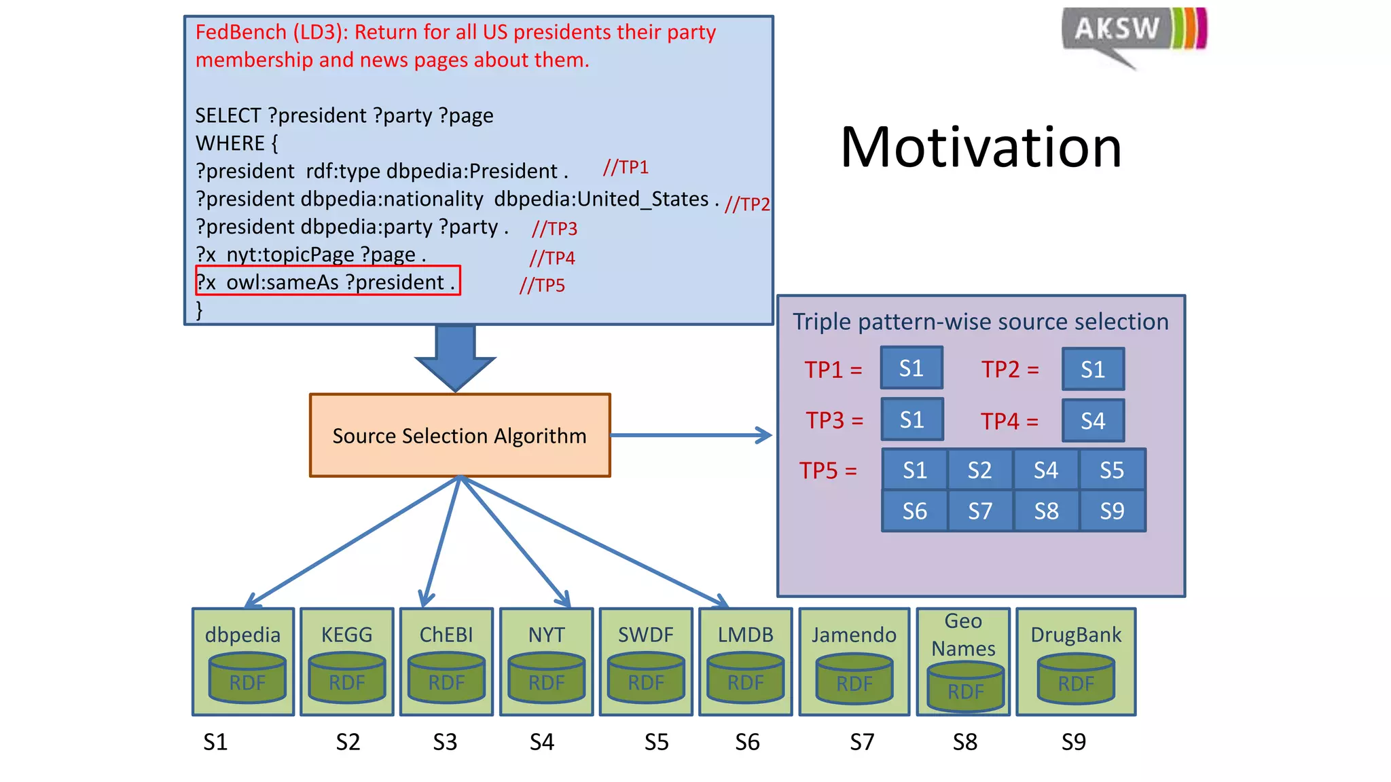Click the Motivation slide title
(x=981, y=147)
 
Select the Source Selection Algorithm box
(x=460, y=435)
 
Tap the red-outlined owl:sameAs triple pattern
(x=327, y=281)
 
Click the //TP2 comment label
(x=746, y=204)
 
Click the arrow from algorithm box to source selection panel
(x=691, y=435)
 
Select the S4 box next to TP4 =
(x=1092, y=420)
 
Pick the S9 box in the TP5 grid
(x=1112, y=510)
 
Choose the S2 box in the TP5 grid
(x=979, y=470)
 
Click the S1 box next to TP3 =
(x=911, y=420)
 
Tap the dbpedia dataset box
(x=243, y=661)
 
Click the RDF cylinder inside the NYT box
(x=546, y=678)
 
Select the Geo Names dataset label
(x=963, y=635)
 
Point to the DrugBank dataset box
(x=1076, y=661)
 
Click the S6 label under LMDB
(x=747, y=742)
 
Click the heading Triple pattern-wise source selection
(x=980, y=322)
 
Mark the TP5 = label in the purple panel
(x=828, y=470)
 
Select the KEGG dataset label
(x=346, y=635)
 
